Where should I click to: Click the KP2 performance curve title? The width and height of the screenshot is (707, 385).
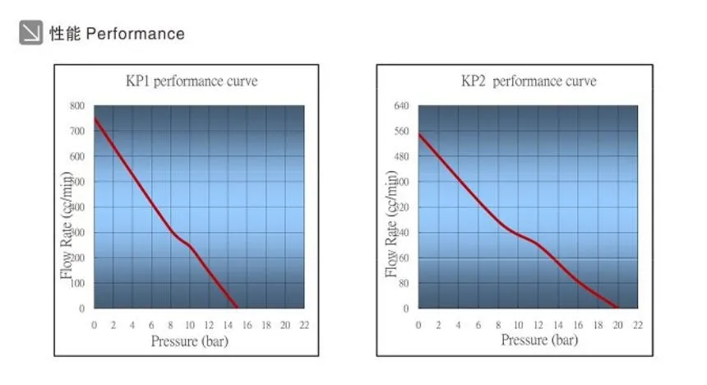(529, 81)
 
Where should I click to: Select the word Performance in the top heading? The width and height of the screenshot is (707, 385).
(136, 34)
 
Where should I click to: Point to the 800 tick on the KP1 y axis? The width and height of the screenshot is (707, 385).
(76, 105)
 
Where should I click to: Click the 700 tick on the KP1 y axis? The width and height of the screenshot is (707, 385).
(76, 131)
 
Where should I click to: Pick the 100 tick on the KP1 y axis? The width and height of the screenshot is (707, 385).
(76, 283)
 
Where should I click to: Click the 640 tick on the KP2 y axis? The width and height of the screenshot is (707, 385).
(401, 105)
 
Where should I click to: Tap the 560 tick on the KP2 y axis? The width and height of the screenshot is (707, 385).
(401, 131)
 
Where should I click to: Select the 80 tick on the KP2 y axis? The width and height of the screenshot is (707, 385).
(403, 283)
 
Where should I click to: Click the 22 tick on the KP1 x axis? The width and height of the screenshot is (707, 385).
(304, 325)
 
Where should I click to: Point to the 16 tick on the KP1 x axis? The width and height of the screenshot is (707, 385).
(247, 325)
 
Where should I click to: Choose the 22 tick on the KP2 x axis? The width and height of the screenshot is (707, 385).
(637, 325)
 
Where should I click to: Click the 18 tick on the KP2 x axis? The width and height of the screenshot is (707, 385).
(598, 325)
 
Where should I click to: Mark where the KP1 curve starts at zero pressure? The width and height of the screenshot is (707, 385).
(95, 118)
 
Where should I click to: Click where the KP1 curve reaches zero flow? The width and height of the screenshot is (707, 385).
(238, 308)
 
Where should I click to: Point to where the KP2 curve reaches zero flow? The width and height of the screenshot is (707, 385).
(617, 308)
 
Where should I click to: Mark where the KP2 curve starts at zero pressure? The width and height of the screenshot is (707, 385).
(419, 134)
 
